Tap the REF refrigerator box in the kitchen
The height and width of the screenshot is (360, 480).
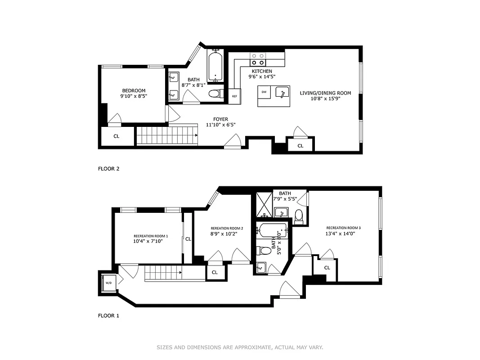point(234,96)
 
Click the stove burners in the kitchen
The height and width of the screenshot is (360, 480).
point(258,59)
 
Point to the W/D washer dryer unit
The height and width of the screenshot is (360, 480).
point(108,283)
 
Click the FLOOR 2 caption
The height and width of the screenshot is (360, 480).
point(108,169)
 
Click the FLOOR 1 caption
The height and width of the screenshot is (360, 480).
point(108,315)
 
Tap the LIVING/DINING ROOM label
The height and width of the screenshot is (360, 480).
point(325,93)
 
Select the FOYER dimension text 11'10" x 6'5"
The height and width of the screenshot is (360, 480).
point(220,125)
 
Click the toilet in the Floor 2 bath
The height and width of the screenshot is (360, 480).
point(217,94)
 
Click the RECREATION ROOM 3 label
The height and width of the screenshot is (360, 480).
point(343,228)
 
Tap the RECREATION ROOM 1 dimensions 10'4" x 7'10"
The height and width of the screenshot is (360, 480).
point(148,241)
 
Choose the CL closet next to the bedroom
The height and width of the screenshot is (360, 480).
point(116,136)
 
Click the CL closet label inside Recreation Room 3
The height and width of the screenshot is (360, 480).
point(327,268)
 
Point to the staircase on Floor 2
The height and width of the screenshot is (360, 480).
point(167,135)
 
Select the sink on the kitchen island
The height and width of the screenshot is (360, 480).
point(283,93)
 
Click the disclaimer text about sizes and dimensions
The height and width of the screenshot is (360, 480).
point(240,347)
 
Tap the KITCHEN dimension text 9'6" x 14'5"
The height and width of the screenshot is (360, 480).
point(262,76)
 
